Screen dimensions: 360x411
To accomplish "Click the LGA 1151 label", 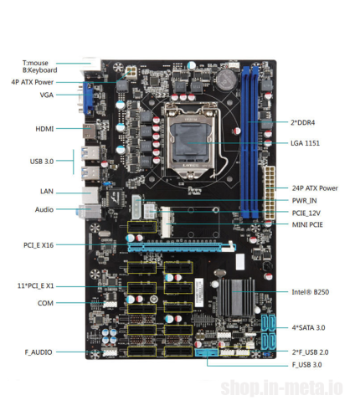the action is pyautogui.click(x=305, y=143).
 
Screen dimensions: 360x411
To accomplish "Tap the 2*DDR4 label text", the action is pyautogui.click(x=302, y=122).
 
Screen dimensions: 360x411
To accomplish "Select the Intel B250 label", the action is pyautogui.click(x=311, y=292).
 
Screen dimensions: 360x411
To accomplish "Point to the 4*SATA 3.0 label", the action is pyautogui.click(x=308, y=327).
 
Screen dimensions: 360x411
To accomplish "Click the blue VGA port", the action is pyautogui.click(x=88, y=99).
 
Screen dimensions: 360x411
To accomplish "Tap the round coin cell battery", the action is pyautogui.click(x=227, y=80).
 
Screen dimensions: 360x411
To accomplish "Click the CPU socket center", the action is pyautogui.click(x=191, y=141).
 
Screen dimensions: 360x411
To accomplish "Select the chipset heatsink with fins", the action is pyautogui.click(x=236, y=297).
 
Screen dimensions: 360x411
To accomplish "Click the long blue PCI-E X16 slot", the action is pyautogui.click(x=182, y=247).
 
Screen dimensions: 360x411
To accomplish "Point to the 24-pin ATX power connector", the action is pyautogui.click(x=269, y=193).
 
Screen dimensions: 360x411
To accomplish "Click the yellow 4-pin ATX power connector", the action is pyautogui.click(x=131, y=73).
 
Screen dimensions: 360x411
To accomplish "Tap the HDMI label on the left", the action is pyautogui.click(x=44, y=129).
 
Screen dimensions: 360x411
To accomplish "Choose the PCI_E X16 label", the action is pyautogui.click(x=39, y=245).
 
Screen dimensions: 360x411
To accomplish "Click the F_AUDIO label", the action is pyautogui.click(x=39, y=352).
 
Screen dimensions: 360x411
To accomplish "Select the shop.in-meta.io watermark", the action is pyautogui.click(x=282, y=388).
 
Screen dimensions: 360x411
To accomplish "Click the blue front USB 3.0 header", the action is pyautogui.click(x=207, y=353).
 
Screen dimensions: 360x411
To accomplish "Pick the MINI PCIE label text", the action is pyautogui.click(x=307, y=224).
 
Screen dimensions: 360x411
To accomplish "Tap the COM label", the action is pyautogui.click(x=45, y=303).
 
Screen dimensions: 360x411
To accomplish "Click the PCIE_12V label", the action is pyautogui.click(x=306, y=213).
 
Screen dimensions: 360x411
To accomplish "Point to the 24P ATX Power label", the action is pyautogui.click(x=315, y=188).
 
